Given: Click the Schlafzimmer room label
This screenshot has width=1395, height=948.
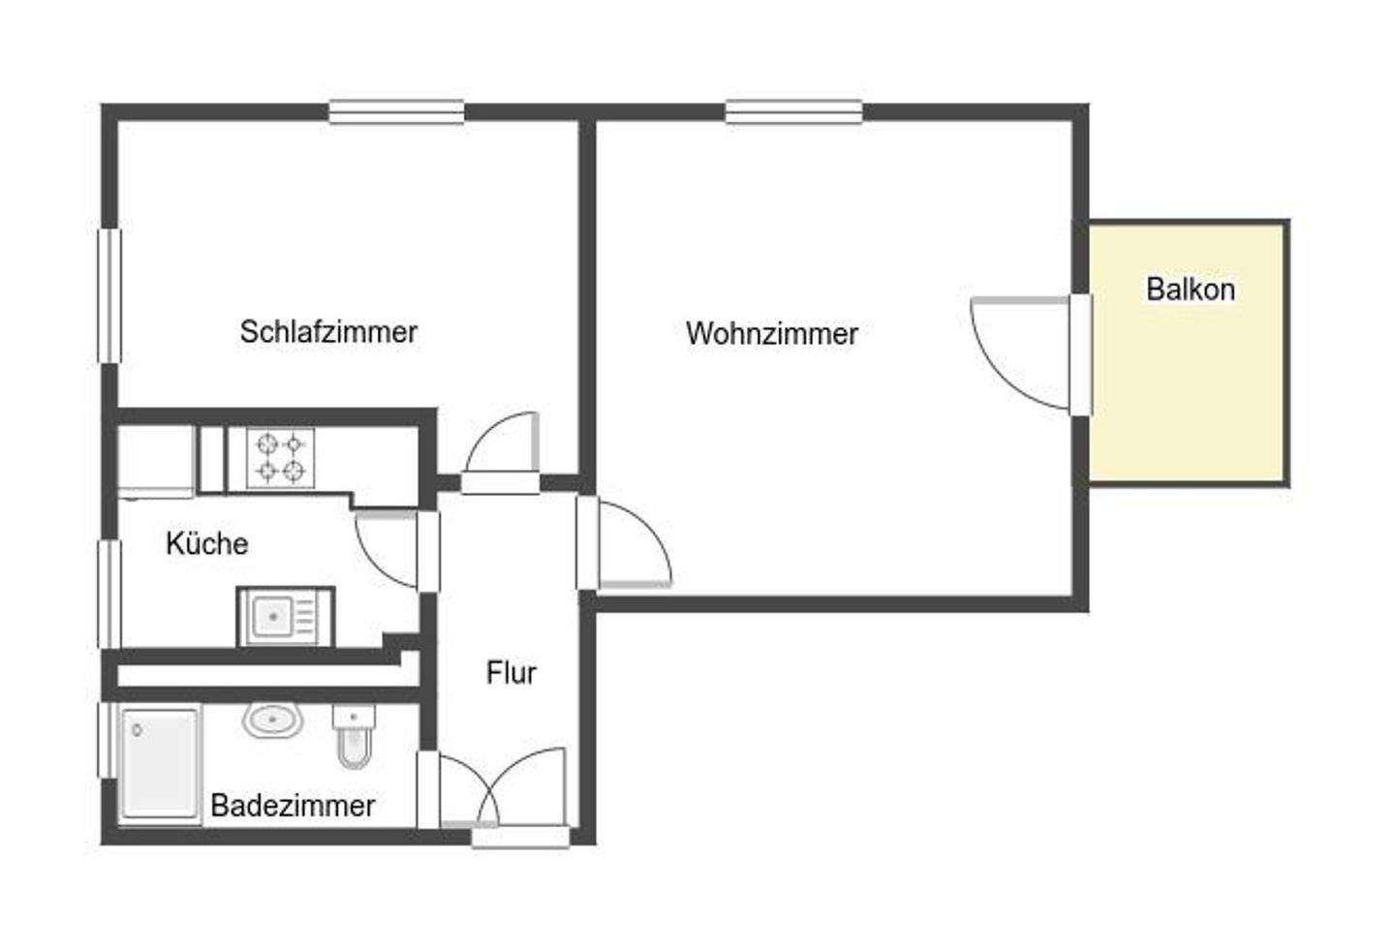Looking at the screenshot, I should (x=328, y=332).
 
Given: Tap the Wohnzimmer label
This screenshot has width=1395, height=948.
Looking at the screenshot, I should (x=771, y=334).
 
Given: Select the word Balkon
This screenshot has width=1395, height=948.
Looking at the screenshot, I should (x=1190, y=290).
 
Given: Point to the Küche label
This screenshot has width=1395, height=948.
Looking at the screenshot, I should (x=206, y=543).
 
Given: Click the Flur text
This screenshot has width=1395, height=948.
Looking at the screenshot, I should (x=511, y=672).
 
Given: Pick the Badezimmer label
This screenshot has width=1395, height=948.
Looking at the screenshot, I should (x=293, y=805).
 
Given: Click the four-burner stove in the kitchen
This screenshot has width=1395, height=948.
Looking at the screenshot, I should (x=280, y=458).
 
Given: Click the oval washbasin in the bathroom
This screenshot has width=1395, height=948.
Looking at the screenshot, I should (x=273, y=719).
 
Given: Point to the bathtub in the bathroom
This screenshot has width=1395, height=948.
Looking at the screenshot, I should (x=160, y=763).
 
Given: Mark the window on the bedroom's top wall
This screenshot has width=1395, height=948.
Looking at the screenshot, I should (x=395, y=111).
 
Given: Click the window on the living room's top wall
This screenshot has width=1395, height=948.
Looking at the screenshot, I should (x=793, y=111).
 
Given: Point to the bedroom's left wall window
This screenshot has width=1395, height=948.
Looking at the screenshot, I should (x=109, y=295).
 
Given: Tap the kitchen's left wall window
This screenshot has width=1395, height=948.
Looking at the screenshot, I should (x=109, y=594).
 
